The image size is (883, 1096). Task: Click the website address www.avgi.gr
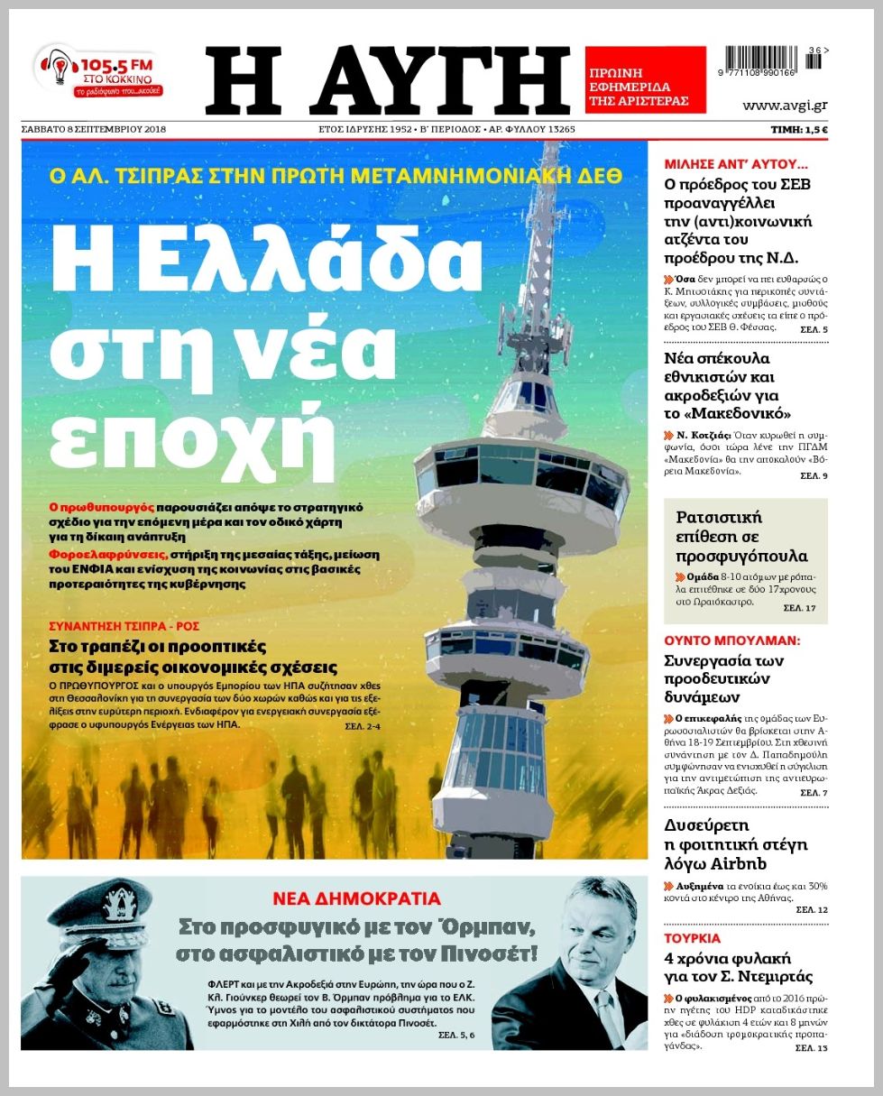coord(784,106)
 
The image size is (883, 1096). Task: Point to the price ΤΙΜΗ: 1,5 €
coord(799,129)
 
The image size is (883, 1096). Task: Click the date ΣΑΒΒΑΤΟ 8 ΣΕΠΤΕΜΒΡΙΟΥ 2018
coord(94,129)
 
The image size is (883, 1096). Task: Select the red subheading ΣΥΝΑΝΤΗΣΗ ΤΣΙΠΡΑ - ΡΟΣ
coord(124,626)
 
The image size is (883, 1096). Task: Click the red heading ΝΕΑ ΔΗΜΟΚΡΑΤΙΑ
coord(357,898)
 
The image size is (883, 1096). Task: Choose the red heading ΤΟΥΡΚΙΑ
coord(692,938)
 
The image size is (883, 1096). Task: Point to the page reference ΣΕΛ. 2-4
coord(363,726)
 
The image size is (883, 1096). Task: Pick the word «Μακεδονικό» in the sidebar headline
coord(727,414)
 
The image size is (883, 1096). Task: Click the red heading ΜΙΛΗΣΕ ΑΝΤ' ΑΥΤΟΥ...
coord(735,165)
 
